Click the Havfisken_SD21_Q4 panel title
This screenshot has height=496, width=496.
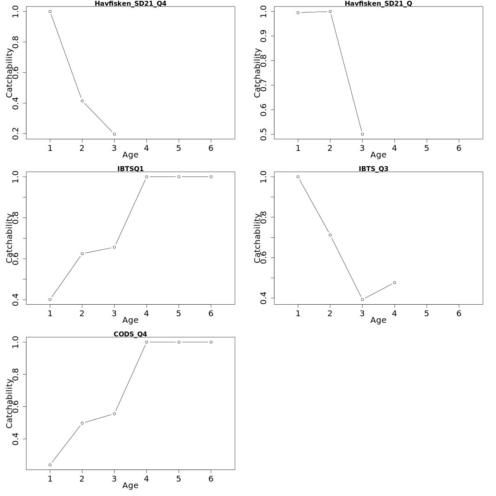click(131, 4)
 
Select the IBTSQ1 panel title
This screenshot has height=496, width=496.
click(131, 169)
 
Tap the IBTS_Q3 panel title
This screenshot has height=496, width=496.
click(374, 169)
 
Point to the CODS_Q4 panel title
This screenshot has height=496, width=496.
click(131, 334)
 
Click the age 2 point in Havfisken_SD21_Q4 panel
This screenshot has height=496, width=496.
click(82, 101)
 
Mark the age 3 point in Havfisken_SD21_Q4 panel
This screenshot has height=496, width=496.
click(114, 134)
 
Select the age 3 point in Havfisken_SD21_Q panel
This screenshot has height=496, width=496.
click(362, 134)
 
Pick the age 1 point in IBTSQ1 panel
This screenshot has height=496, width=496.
click(50, 300)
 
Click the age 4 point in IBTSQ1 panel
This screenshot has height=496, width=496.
click(147, 177)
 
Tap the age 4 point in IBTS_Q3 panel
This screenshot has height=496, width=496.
click(395, 283)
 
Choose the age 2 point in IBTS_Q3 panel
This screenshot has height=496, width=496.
click(330, 235)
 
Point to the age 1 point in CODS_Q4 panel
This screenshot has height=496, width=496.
click(50, 465)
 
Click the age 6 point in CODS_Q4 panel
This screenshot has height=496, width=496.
click(211, 342)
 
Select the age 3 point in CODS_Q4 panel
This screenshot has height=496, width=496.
click(114, 414)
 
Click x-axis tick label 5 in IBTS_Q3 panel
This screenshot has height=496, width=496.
click(427, 314)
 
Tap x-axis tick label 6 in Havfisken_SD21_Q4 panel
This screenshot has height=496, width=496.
click(211, 148)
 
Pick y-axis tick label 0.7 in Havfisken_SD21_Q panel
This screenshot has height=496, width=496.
click(264, 85)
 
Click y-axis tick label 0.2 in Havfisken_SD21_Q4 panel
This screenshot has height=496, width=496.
click(16, 134)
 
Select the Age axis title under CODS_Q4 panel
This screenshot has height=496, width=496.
click(130, 486)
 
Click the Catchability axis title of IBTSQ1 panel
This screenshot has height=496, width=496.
click(9, 238)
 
